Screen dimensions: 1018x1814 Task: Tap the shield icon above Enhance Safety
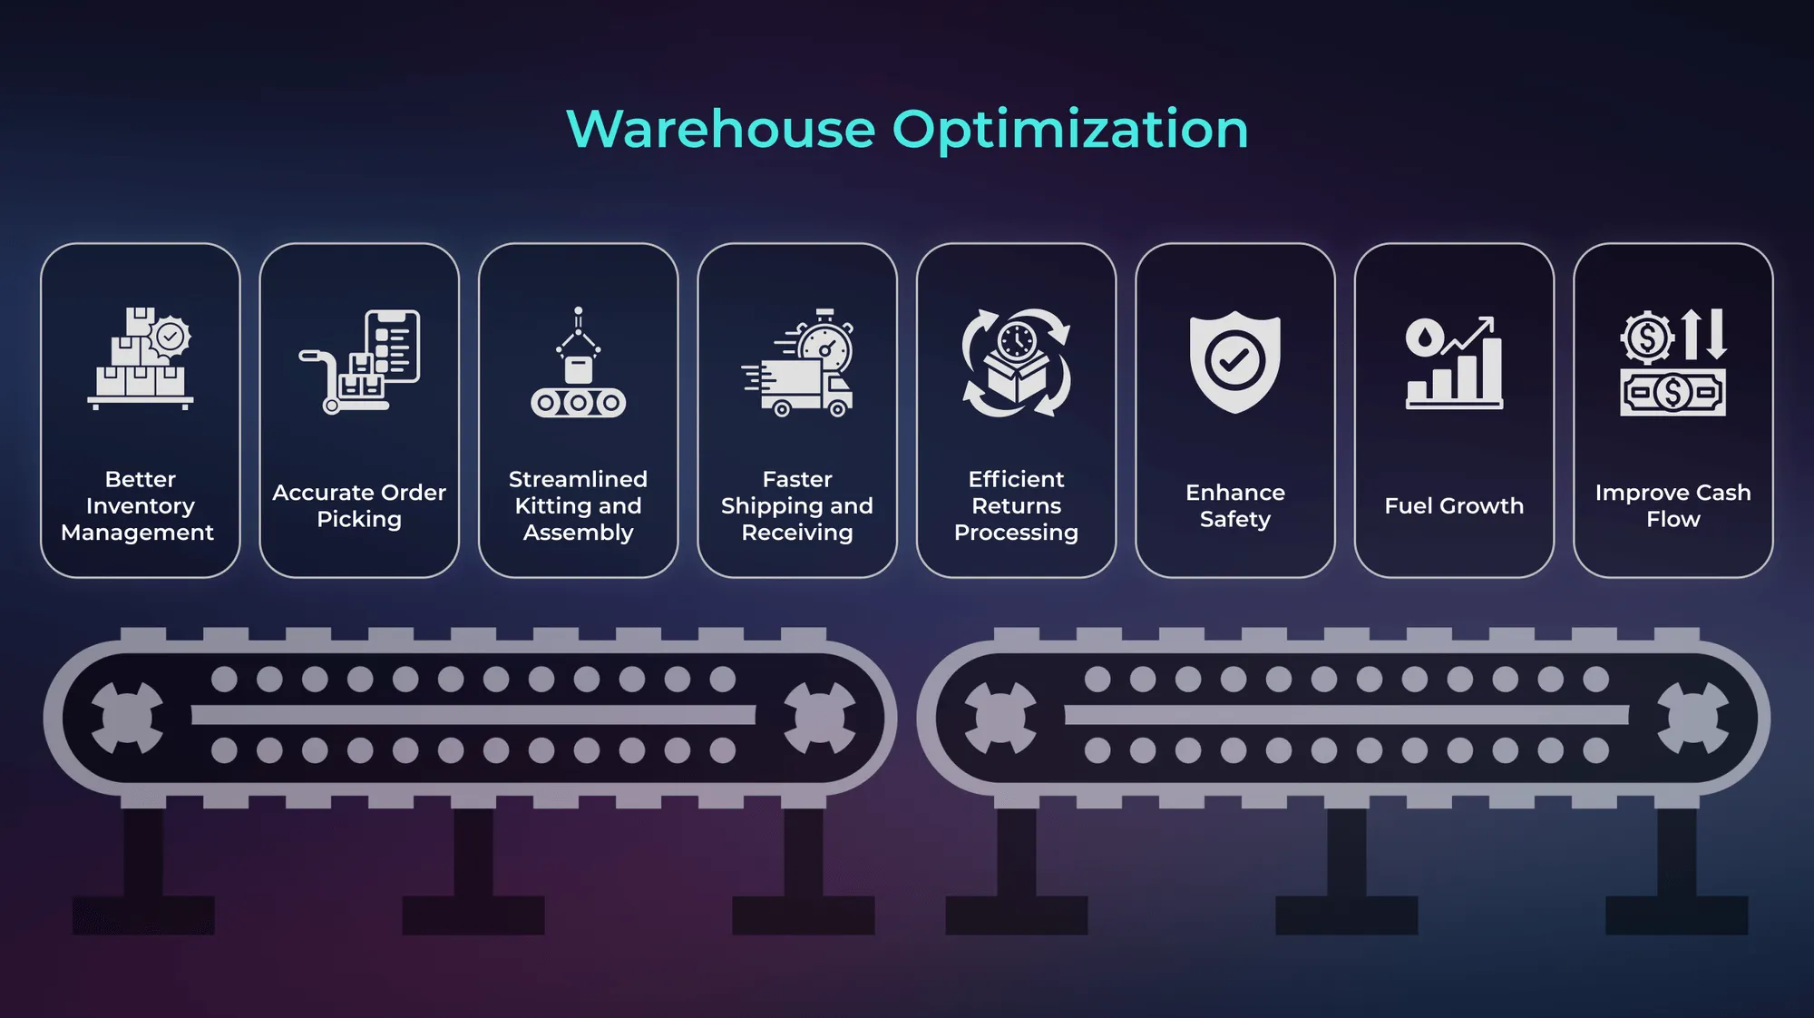(1234, 361)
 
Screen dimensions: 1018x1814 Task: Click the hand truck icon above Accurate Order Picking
(359, 361)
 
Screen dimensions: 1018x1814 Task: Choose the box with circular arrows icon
(1016, 363)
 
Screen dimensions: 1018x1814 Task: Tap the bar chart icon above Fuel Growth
(1454, 363)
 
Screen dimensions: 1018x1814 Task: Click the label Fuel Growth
(1454, 505)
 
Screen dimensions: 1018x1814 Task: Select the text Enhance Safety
(1234, 505)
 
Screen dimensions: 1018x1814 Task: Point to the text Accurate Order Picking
(359, 505)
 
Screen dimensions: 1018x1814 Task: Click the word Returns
(1016, 505)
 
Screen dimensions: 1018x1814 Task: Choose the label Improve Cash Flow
(1673, 505)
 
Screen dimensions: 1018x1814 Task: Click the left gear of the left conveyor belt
(127, 718)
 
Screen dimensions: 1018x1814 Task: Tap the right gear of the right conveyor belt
(1692, 718)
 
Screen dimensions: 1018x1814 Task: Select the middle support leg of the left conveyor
(473, 871)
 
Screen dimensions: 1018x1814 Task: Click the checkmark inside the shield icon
(1234, 360)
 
